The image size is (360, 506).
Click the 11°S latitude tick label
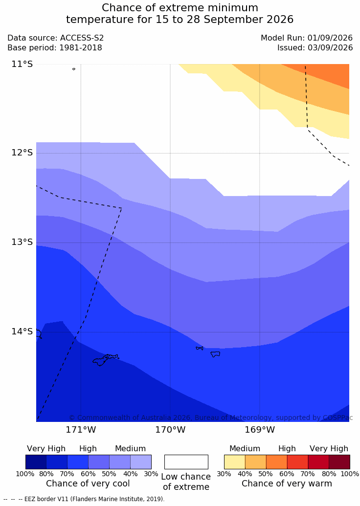pos(22,64)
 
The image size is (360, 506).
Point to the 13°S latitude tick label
pos(22,242)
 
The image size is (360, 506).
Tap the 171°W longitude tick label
pos(81,430)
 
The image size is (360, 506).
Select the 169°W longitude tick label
pos(260,430)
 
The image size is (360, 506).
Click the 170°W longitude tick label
pos(171,430)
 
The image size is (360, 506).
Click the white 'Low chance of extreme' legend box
pos(186,462)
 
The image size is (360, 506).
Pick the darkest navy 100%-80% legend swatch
pos(36,462)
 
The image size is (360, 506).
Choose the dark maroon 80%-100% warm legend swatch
pos(339,462)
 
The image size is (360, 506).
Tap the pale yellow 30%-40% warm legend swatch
pos(235,462)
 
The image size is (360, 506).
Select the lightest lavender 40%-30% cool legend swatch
pos(141,462)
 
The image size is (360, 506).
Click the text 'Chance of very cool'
pos(88,484)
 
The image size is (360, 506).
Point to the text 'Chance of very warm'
pos(287,484)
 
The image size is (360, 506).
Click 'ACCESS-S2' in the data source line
pos(82,38)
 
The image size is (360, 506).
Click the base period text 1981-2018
pos(80,48)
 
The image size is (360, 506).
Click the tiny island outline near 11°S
pos(74,69)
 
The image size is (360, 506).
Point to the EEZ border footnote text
pos(84,499)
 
